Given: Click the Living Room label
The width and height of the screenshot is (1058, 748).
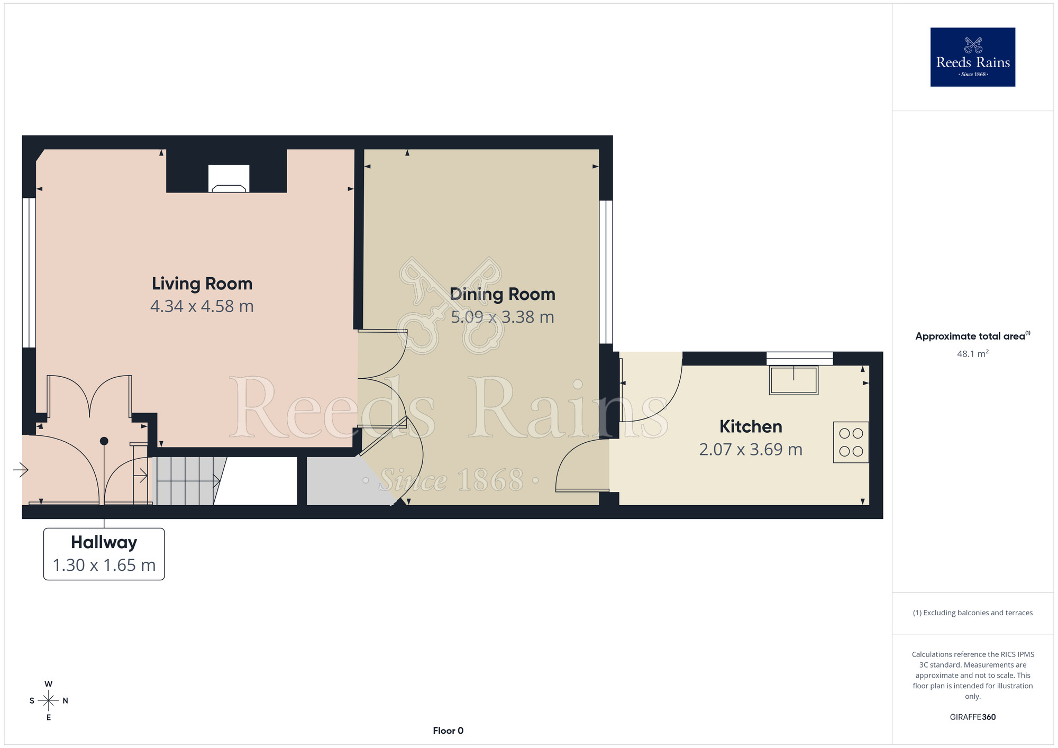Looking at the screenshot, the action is (202, 284).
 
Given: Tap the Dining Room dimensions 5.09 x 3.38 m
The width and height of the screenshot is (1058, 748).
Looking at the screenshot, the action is (503, 317).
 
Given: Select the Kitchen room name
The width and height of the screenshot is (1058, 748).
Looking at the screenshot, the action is (751, 426).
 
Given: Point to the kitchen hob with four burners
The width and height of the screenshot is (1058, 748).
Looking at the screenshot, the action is (851, 442).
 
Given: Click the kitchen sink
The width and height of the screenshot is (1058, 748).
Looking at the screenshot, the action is (793, 380).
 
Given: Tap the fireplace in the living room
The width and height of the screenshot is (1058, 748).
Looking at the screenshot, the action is (229, 179).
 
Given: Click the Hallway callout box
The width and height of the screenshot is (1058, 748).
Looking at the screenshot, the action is (104, 554).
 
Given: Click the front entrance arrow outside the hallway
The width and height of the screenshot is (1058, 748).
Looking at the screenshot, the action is (21, 469).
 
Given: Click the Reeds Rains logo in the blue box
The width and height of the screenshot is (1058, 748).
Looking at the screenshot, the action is (973, 57).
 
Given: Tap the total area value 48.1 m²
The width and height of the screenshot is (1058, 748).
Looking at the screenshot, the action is (973, 354).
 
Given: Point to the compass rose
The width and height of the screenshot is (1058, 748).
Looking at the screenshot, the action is (49, 700).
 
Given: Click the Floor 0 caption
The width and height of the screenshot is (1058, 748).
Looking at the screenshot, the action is (448, 731).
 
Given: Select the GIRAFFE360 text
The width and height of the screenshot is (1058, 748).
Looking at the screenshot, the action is (973, 717).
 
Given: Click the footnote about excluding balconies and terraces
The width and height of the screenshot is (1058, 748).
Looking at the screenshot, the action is (973, 613).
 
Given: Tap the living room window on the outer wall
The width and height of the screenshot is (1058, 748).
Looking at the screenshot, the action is (29, 273).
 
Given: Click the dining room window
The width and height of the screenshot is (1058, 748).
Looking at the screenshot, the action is (606, 272).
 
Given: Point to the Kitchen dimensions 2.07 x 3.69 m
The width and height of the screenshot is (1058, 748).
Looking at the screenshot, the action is (751, 450).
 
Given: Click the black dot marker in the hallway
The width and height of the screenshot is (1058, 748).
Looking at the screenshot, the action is (104, 441).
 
